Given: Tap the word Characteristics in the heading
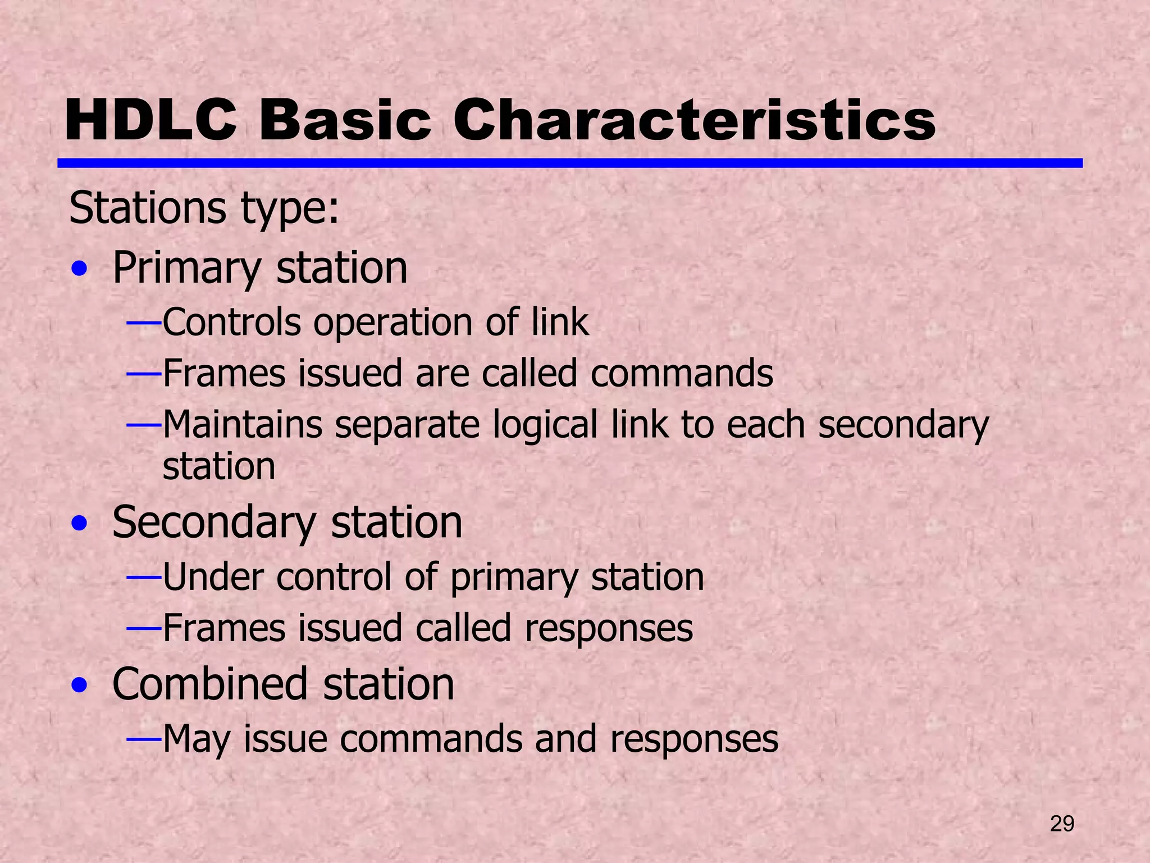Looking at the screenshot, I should [694, 120].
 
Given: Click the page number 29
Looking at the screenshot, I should [1062, 824].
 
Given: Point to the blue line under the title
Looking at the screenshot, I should [569, 163].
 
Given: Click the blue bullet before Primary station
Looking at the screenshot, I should [80, 270].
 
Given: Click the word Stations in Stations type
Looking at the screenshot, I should [148, 208].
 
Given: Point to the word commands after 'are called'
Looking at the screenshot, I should [682, 373].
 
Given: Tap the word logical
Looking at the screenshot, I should [545, 425].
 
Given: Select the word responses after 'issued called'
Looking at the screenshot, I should [609, 628].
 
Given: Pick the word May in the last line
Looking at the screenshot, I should [196, 739].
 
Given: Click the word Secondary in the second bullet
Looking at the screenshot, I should [214, 523].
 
